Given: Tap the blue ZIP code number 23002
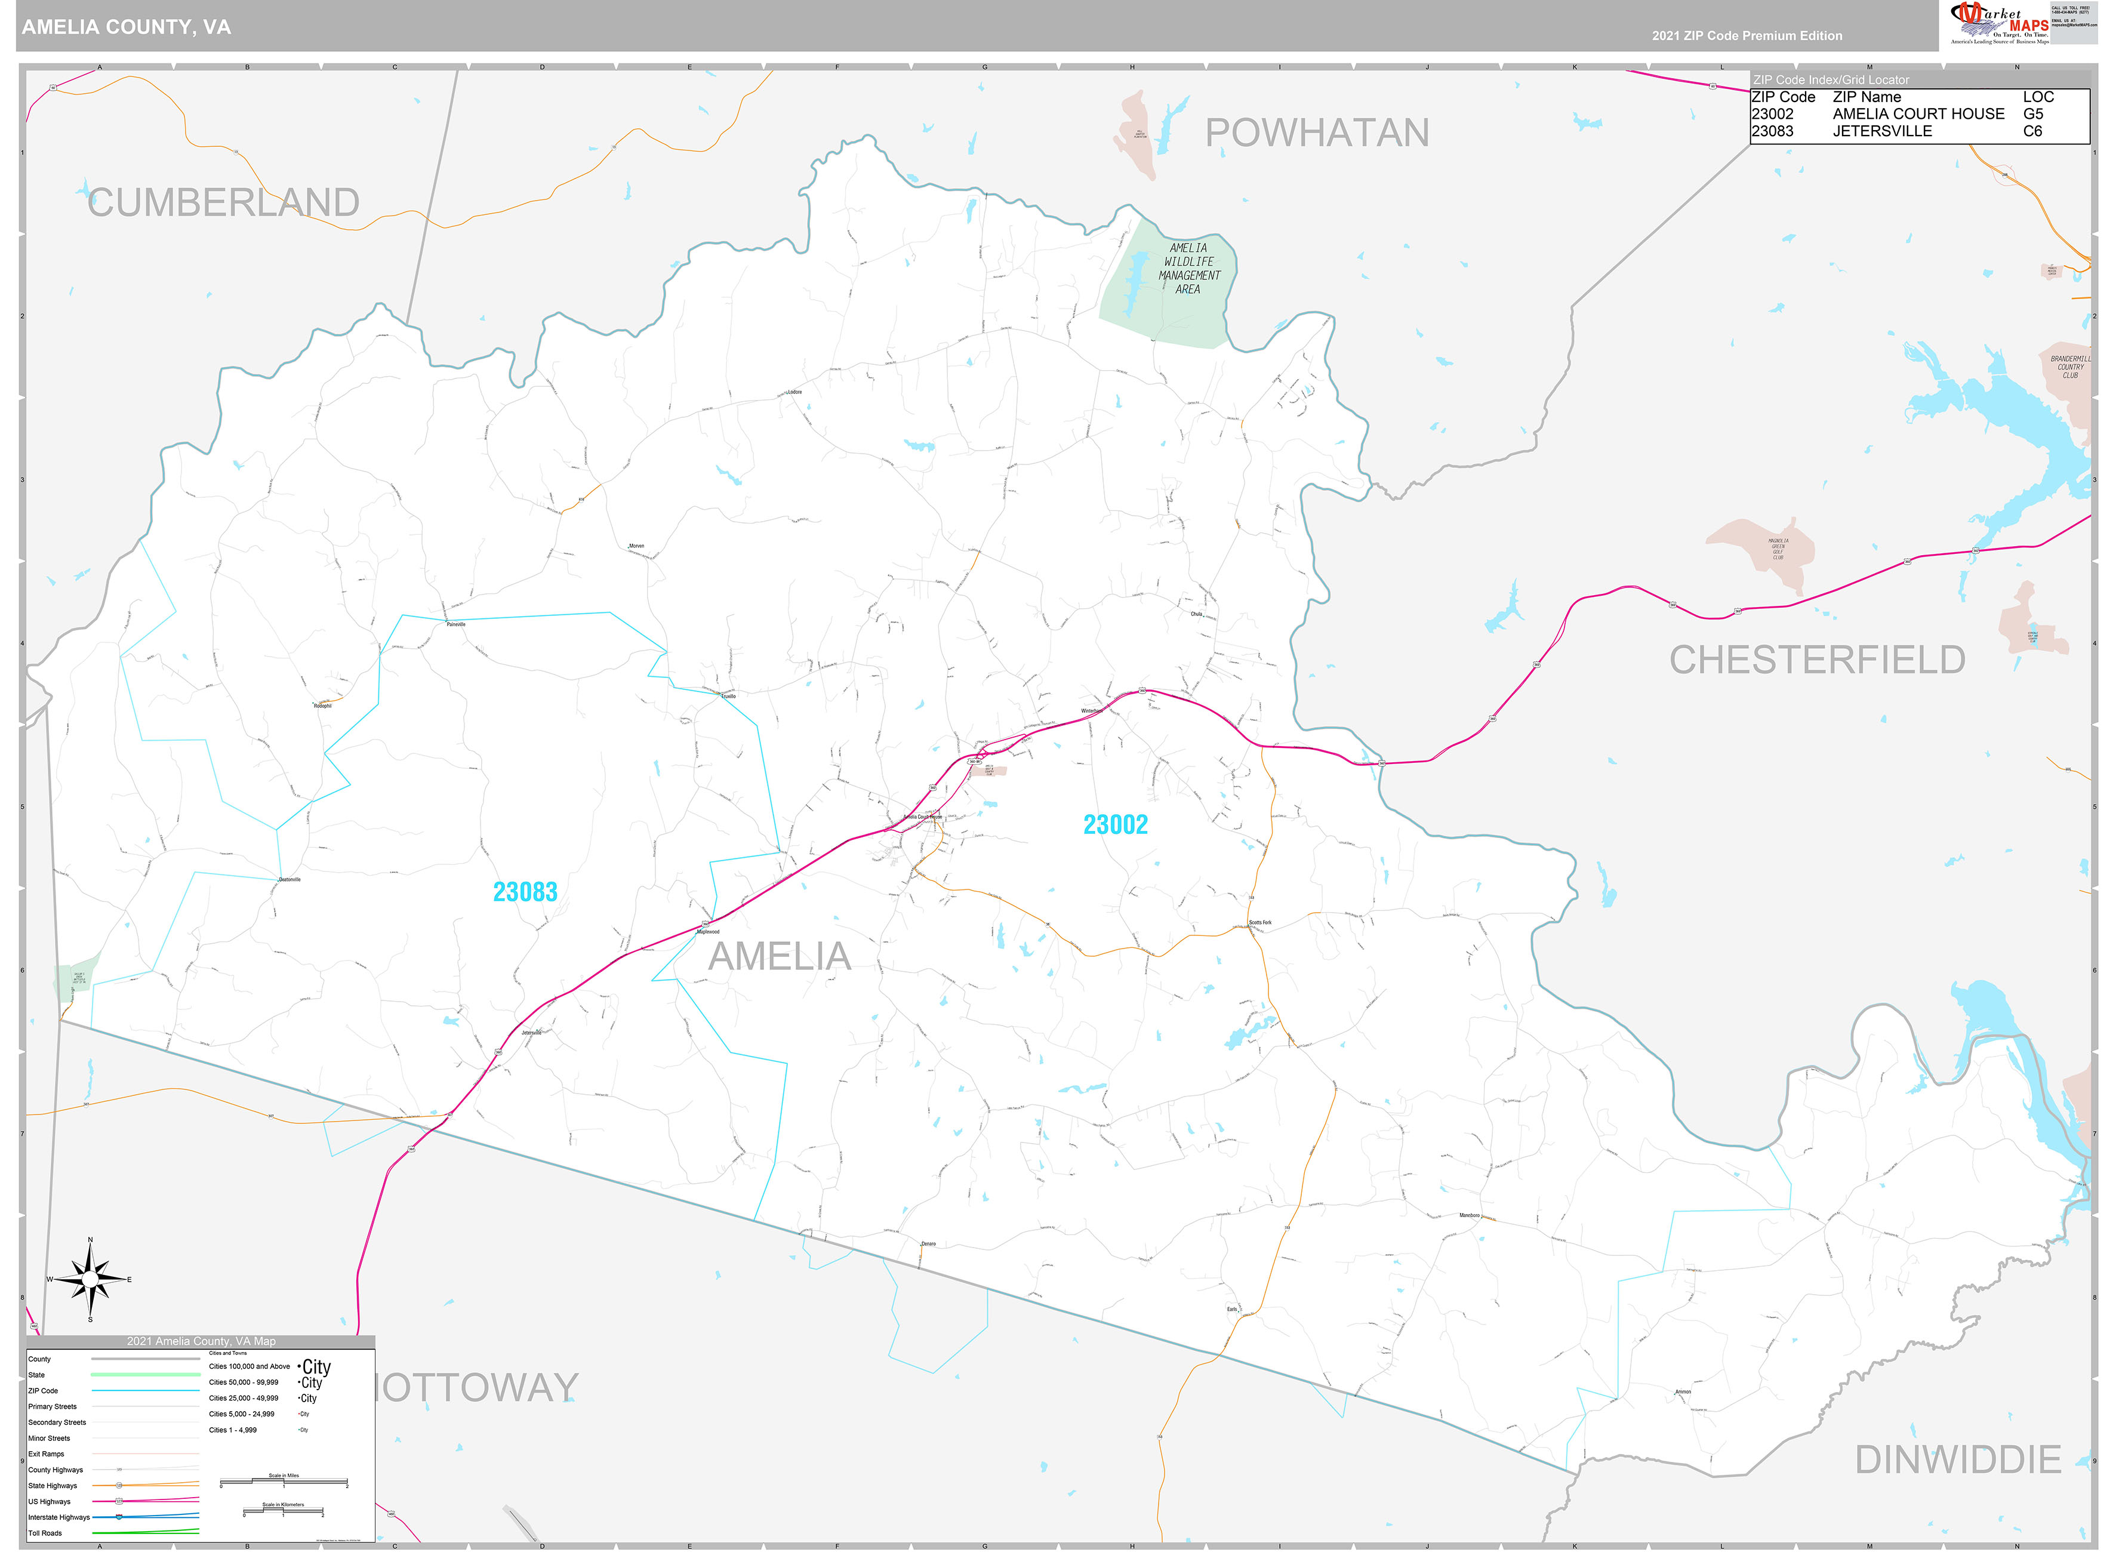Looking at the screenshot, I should [x=1115, y=825].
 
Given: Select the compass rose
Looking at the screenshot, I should [x=90, y=1280].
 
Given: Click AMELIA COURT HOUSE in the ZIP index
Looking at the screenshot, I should [x=1918, y=113].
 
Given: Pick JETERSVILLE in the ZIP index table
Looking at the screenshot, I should [x=1881, y=131].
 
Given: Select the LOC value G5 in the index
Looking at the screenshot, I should [x=2032, y=113].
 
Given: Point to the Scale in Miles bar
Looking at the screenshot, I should [x=284, y=1483].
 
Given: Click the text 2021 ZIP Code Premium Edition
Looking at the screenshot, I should [x=1747, y=36].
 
